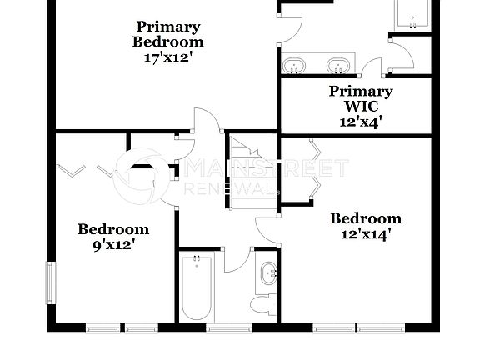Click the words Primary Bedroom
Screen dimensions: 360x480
tap(168, 34)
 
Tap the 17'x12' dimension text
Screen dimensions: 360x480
tap(168, 58)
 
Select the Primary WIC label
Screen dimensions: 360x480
tap(361, 99)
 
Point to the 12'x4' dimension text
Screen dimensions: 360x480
tap(361, 122)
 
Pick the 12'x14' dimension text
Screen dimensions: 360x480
tap(366, 234)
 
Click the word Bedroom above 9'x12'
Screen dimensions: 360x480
tap(113, 229)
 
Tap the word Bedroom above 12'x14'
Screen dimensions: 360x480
tap(366, 218)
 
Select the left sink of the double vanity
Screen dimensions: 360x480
tap(293, 65)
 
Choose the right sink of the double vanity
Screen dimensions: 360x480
tap(337, 65)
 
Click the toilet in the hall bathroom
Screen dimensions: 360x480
tap(264, 303)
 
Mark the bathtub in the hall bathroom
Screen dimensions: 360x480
tap(197, 288)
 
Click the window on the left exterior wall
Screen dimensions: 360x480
tap(50, 284)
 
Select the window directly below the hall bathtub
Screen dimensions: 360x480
tap(217, 327)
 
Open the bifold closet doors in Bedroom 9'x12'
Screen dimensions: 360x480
tap(87, 171)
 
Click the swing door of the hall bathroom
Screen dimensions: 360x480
tap(237, 258)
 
